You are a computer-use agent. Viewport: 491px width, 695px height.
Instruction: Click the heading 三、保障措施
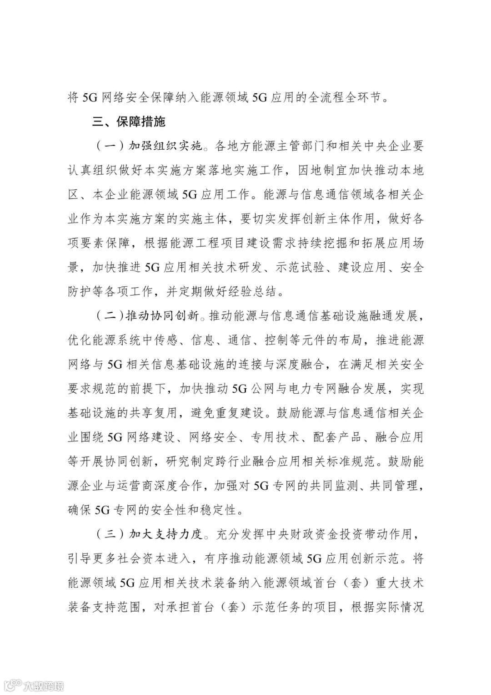pos(122,122)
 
